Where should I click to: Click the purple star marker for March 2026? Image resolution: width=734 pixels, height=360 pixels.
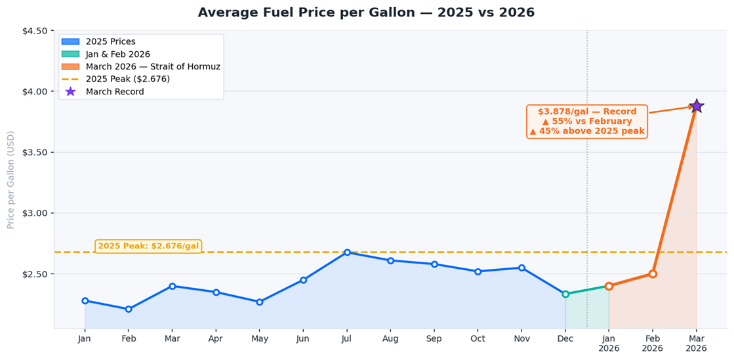tap(696, 106)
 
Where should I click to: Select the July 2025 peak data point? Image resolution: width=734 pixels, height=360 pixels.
tap(347, 252)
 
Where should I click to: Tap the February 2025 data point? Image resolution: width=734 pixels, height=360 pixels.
tap(129, 309)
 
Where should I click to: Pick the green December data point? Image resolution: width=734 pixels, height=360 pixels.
tap(565, 294)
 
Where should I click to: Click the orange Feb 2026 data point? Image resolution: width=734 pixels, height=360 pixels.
tap(653, 274)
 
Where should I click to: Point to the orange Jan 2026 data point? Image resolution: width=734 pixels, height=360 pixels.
tap(609, 286)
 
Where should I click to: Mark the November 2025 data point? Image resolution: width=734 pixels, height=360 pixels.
tap(521, 268)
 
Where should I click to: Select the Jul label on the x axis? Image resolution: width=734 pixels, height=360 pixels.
tap(347, 338)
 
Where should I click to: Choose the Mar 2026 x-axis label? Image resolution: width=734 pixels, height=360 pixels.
tap(696, 343)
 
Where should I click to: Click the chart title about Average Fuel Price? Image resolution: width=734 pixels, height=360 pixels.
tap(366, 12)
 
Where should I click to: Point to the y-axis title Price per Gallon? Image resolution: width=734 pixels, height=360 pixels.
tap(10, 180)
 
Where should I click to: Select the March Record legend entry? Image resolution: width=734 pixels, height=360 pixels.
tap(114, 92)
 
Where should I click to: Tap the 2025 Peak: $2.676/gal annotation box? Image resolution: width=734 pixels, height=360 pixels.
tap(148, 246)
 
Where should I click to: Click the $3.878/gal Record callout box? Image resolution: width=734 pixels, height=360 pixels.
tap(587, 121)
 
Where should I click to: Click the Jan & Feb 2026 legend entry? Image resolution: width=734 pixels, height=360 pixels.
tap(117, 54)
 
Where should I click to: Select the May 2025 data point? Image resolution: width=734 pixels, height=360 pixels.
tap(260, 302)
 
